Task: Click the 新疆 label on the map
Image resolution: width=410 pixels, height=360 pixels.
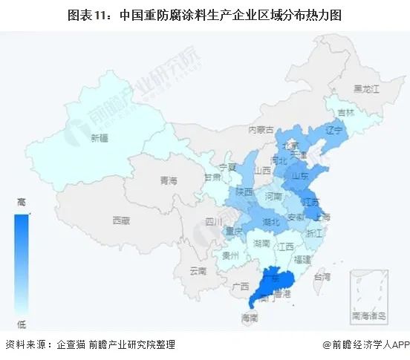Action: pyautogui.click(x=99, y=137)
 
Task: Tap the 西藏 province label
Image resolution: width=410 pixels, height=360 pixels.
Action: pyautogui.click(x=120, y=220)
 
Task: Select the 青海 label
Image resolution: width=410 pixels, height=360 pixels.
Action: pyautogui.click(x=169, y=180)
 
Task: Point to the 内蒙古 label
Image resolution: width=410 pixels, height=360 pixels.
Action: pyautogui.click(x=261, y=128)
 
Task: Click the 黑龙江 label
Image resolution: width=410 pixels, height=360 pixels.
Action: pyautogui.click(x=366, y=88)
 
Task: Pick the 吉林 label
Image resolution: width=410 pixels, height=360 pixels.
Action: pyautogui.click(x=345, y=112)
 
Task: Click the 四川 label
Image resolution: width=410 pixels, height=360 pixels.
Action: pyautogui.click(x=214, y=220)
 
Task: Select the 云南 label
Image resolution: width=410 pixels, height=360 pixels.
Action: pyautogui.click(x=197, y=270)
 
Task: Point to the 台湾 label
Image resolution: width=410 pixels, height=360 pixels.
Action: pyautogui.click(x=322, y=276)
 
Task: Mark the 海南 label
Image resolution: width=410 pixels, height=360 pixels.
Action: pyautogui.click(x=250, y=318)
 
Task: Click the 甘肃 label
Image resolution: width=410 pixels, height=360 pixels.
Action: pyautogui.click(x=212, y=177)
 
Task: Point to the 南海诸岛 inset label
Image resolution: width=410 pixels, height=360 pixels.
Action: pyautogui.click(x=370, y=315)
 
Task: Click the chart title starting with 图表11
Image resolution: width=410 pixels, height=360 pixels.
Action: pyautogui.click(x=205, y=14)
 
